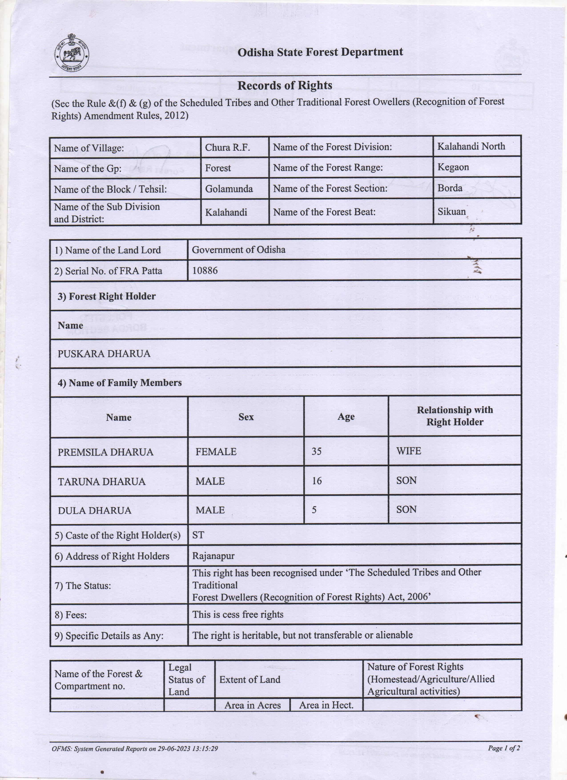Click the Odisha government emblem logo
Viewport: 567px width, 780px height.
[72, 54]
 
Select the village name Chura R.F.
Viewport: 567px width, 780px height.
[227, 148]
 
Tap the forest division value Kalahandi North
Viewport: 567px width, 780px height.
[471, 146]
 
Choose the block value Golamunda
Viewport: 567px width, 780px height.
[229, 189]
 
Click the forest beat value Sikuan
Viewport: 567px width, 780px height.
[451, 212]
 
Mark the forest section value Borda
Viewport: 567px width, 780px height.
[450, 188]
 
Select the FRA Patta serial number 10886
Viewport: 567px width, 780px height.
[205, 271]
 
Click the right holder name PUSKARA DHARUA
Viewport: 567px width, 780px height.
[104, 354]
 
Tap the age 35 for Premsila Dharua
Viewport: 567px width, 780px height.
[317, 451]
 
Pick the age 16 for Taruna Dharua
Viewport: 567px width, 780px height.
[317, 481]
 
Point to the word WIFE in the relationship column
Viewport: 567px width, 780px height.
[408, 451]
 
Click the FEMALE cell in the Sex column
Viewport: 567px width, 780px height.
[216, 452]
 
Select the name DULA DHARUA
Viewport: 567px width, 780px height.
[95, 510]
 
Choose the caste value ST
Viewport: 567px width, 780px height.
[198, 535]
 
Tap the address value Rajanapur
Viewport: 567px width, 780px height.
[213, 556]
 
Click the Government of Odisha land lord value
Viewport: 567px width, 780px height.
[238, 250]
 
